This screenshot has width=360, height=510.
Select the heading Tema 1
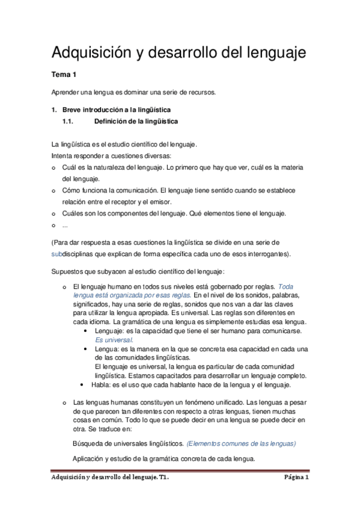click(63, 75)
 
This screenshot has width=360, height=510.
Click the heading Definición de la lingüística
click(136, 121)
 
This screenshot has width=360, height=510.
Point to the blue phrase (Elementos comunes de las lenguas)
click(241, 444)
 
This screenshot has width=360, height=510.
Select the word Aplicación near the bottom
click(91, 458)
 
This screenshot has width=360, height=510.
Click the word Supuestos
click(68, 272)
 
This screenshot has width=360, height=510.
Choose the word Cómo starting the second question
click(70, 190)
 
